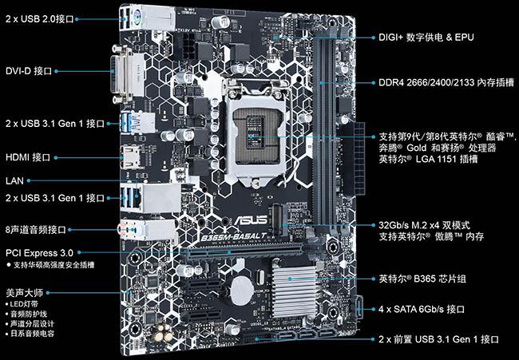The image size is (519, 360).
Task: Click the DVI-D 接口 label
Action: click(29, 71)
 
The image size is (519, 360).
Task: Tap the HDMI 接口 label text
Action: click(28, 157)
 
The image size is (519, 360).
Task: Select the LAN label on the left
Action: click(14, 180)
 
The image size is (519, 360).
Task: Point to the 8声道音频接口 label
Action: click(36, 230)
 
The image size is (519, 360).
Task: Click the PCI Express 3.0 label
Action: click(39, 253)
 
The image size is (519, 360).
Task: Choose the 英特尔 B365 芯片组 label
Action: click(422, 279)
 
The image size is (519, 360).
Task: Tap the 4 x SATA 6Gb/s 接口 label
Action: click(422, 310)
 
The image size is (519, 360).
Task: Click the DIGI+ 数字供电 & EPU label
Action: click(426, 37)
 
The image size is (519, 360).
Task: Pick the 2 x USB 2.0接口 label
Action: click(40, 19)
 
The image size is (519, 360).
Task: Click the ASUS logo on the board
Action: click(251, 220)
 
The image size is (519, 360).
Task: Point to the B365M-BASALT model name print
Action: click(234, 236)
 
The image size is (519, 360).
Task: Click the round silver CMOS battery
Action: click(242, 291)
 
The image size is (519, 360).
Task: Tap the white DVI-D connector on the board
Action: click(128, 75)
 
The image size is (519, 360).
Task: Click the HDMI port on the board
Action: click(132, 157)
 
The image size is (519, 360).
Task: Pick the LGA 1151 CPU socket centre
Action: click(256, 132)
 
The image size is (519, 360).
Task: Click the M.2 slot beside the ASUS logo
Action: click(279, 220)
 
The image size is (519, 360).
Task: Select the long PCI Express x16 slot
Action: click(242, 252)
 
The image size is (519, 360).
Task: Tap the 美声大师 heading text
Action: click(25, 293)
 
